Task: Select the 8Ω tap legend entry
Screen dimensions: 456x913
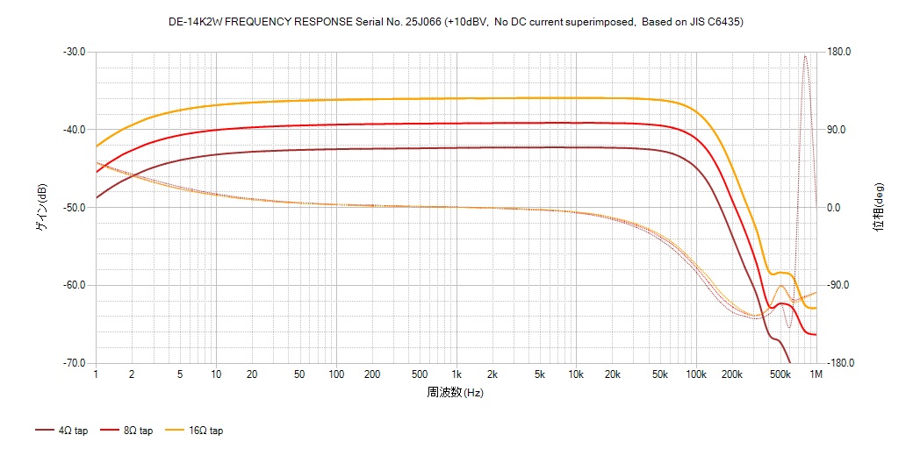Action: click(x=132, y=431)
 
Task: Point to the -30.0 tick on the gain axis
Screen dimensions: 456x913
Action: click(x=74, y=52)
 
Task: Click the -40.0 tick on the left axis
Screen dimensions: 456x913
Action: click(x=74, y=130)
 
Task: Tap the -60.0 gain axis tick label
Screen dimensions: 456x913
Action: click(x=74, y=285)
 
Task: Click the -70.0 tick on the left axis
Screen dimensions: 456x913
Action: click(x=74, y=363)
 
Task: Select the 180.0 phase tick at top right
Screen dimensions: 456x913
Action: click(x=839, y=52)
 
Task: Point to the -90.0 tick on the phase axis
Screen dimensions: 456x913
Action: click(x=839, y=285)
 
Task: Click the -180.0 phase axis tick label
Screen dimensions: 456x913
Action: click(x=841, y=363)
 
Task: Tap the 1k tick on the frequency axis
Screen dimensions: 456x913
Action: click(x=456, y=374)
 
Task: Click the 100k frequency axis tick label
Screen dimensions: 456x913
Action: click(x=695, y=374)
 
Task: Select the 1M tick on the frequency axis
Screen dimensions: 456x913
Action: click(x=816, y=374)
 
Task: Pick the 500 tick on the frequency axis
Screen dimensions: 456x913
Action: click(x=420, y=374)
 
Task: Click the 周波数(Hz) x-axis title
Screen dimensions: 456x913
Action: click(x=456, y=393)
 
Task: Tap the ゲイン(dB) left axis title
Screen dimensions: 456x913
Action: click(x=41, y=208)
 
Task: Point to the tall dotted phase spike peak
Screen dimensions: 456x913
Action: click(x=804, y=56)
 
